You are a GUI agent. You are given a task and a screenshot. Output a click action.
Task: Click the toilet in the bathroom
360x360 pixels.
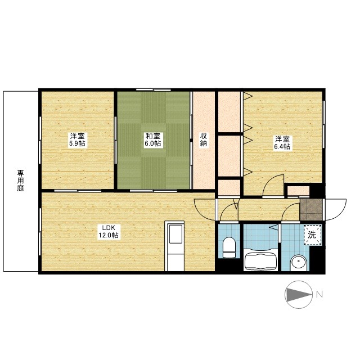coord(229,247)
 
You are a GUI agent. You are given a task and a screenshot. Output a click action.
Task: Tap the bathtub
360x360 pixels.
coord(260,261)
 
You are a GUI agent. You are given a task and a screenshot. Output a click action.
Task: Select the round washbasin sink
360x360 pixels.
coord(299,263)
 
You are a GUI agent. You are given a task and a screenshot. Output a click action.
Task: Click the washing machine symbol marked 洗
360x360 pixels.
coord(313,235)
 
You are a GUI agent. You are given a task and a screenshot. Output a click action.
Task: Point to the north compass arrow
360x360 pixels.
coord(298,294)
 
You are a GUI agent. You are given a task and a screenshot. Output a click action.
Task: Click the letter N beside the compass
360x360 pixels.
coord(319,294)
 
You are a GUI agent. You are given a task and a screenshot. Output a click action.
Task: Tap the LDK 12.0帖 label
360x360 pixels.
coord(109,231)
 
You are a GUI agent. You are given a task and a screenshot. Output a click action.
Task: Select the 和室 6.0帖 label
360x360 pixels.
coord(153,139)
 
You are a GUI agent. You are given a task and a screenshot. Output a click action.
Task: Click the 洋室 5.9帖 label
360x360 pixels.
coord(78,139)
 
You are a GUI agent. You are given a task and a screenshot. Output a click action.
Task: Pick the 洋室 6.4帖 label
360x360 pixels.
coord(282,142)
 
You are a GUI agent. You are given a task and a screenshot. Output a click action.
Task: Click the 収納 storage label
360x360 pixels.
coord(204,139)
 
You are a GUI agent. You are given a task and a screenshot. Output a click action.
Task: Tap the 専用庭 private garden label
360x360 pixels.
coord(21,181)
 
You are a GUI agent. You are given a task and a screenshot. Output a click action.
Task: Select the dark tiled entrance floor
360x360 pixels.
coord(311,209)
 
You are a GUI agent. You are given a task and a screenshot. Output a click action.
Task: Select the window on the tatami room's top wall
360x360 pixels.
coord(154,90)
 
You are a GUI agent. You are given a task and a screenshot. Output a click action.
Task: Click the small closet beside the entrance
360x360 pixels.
coord(298,191)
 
